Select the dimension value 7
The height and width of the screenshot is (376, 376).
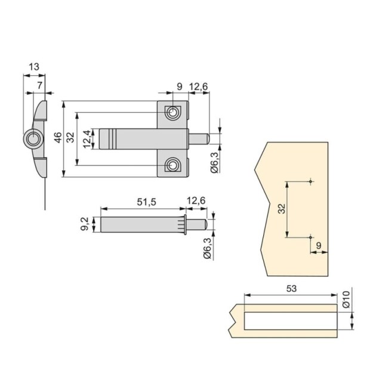pyautogui.click(x=39, y=86)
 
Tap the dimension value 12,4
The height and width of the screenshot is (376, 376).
pyautogui.click(x=87, y=138)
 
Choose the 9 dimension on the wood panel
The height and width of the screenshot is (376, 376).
pyautogui.click(x=319, y=244)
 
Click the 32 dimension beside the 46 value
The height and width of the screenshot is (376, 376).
pyautogui.click(x=71, y=138)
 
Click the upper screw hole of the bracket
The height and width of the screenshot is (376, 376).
pyautogui.click(x=172, y=112)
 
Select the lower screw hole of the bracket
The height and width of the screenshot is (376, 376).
pyautogui.click(x=172, y=164)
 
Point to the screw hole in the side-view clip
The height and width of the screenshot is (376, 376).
pyautogui.click(x=32, y=140)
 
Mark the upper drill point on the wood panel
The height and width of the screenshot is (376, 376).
pyautogui.click(x=312, y=180)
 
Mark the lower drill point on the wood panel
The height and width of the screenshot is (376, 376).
pyautogui.click(x=312, y=236)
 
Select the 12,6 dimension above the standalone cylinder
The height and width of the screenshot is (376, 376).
pyautogui.click(x=196, y=202)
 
